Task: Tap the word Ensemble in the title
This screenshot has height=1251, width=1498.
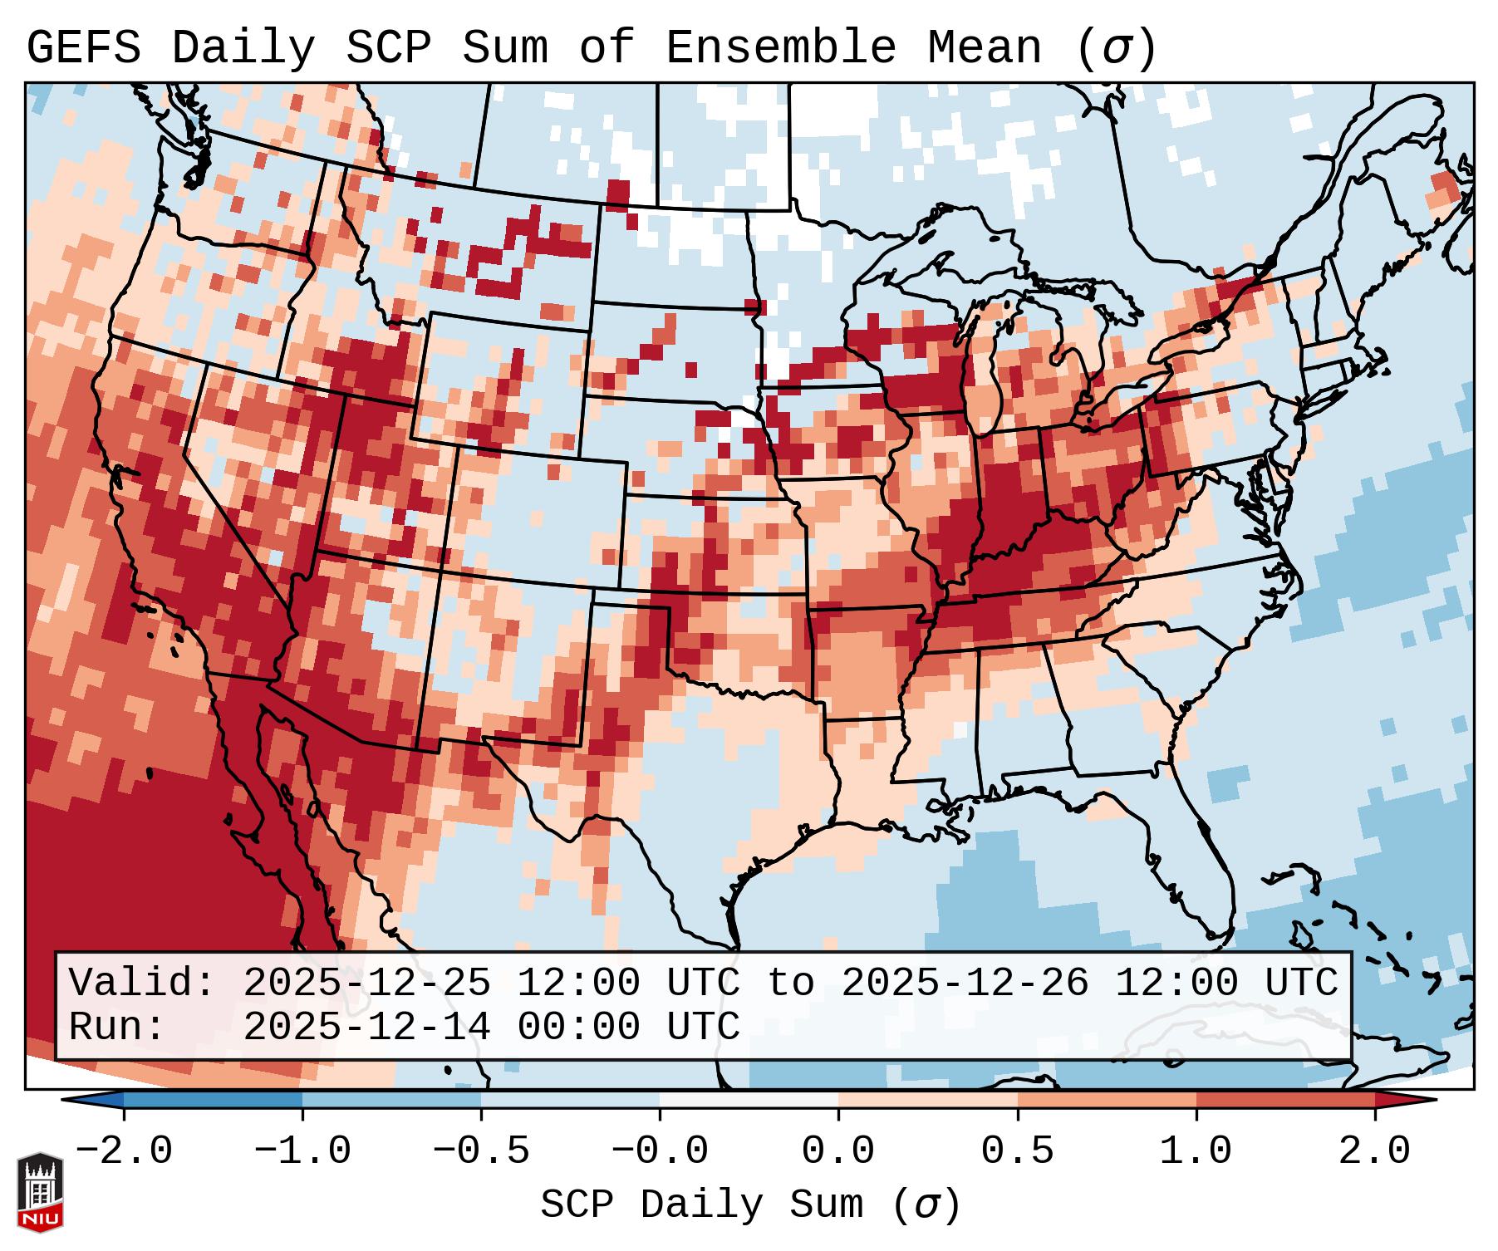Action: coord(781,48)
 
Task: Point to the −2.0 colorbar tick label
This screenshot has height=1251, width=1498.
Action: coord(124,1151)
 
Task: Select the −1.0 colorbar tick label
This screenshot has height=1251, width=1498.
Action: coord(302,1151)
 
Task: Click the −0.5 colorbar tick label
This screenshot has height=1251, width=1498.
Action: coord(481,1151)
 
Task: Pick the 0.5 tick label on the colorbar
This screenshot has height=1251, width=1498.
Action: coord(1018,1151)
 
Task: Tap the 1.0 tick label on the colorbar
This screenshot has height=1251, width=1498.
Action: coord(1196,1151)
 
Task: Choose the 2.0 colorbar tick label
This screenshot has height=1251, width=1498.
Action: coord(1375,1151)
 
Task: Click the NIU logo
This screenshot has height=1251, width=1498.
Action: coord(40,1193)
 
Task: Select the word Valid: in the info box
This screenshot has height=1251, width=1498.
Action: coord(142,983)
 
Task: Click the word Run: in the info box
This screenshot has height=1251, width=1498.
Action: coord(117,1027)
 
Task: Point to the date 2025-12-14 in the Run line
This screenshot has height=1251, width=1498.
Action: coord(366,1027)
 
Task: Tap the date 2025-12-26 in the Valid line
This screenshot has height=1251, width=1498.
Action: coord(965,983)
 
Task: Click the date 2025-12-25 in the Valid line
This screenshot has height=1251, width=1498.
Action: coord(366,983)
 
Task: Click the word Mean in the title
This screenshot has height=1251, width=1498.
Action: coord(985,48)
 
